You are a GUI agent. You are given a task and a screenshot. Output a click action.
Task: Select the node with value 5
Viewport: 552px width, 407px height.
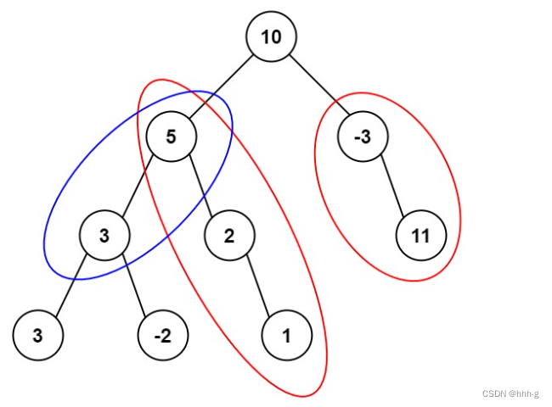(x=171, y=136)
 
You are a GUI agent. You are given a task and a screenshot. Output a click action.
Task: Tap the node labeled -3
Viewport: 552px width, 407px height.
(x=363, y=136)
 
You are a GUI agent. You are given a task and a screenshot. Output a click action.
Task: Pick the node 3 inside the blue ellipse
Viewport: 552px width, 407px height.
(x=104, y=235)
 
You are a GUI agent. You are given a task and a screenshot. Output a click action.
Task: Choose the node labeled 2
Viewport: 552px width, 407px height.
(x=229, y=235)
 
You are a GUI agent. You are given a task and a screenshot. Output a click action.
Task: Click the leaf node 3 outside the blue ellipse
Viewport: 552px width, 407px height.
(x=38, y=335)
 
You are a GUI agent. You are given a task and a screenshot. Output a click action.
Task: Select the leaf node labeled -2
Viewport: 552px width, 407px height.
(x=163, y=335)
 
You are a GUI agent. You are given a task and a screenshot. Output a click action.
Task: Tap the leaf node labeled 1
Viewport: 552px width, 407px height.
(x=287, y=335)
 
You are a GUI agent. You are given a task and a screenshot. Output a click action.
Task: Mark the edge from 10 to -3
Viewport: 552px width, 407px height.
(x=318, y=86)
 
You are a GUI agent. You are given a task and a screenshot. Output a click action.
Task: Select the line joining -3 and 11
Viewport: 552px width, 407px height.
(x=392, y=185)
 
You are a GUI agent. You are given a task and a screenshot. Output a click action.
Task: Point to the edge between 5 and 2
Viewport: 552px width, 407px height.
(x=200, y=185)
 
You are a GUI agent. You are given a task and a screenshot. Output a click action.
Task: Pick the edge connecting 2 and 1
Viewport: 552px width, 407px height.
(x=258, y=285)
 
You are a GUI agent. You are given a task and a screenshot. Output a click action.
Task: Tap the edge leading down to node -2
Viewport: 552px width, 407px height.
(x=133, y=285)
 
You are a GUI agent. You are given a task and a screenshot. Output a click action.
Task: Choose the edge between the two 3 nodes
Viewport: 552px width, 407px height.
(x=71, y=285)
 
